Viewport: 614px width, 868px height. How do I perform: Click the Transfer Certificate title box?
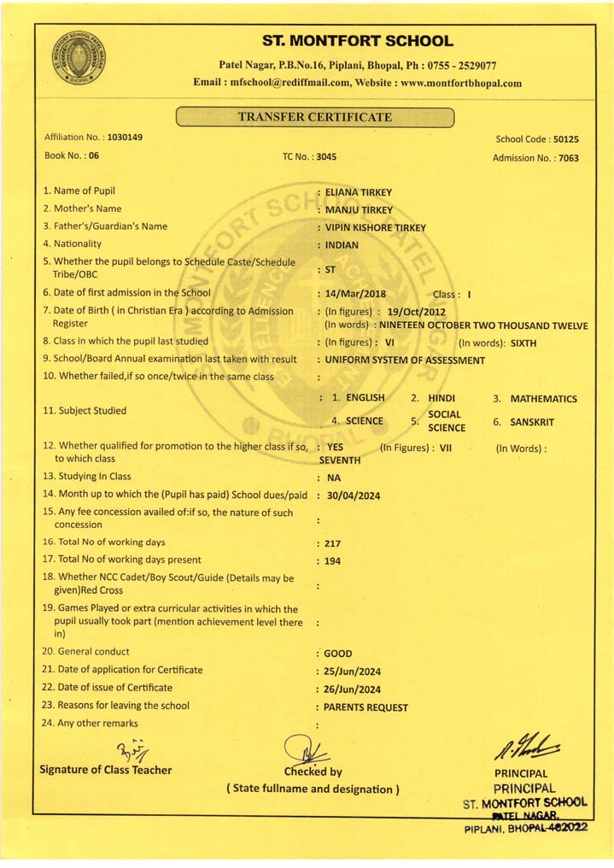(x=314, y=117)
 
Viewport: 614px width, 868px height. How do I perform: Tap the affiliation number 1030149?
(x=125, y=138)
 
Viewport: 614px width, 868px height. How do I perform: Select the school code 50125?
(x=565, y=138)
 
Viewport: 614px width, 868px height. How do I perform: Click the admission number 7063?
(x=568, y=158)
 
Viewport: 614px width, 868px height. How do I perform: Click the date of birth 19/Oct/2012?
(x=416, y=312)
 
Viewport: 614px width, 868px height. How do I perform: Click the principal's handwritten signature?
(x=525, y=750)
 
